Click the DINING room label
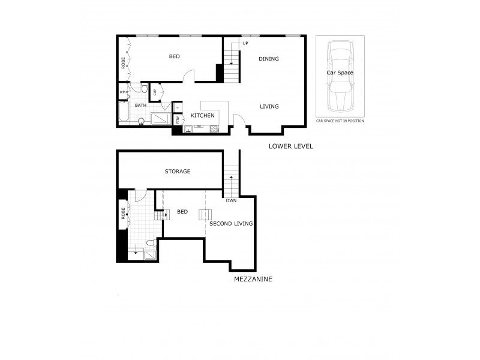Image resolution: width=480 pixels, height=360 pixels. [x=269, y=59]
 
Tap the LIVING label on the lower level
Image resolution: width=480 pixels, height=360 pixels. [x=269, y=107]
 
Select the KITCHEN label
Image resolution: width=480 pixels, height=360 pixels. [x=203, y=115]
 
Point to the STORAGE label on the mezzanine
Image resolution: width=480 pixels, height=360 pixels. [x=178, y=172]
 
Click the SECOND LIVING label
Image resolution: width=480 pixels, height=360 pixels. [x=230, y=224]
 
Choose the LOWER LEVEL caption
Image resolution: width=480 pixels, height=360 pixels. [x=291, y=146]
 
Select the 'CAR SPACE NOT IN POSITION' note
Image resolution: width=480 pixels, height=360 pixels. [x=340, y=121]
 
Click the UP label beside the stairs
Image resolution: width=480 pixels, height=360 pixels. [x=245, y=43]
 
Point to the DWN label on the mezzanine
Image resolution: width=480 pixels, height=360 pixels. [x=231, y=201]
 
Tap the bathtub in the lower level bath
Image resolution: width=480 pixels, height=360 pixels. [x=123, y=112]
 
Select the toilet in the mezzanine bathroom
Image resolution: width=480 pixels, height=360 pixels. [x=149, y=243]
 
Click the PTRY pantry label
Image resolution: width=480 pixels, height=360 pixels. [x=178, y=119]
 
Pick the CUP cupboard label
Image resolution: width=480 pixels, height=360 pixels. [x=155, y=92]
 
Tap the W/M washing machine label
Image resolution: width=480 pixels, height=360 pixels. [x=123, y=92]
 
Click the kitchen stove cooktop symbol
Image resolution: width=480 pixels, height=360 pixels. [x=214, y=127]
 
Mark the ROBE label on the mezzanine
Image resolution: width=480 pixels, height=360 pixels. [x=123, y=213]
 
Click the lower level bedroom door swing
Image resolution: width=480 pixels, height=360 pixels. [x=188, y=76]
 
